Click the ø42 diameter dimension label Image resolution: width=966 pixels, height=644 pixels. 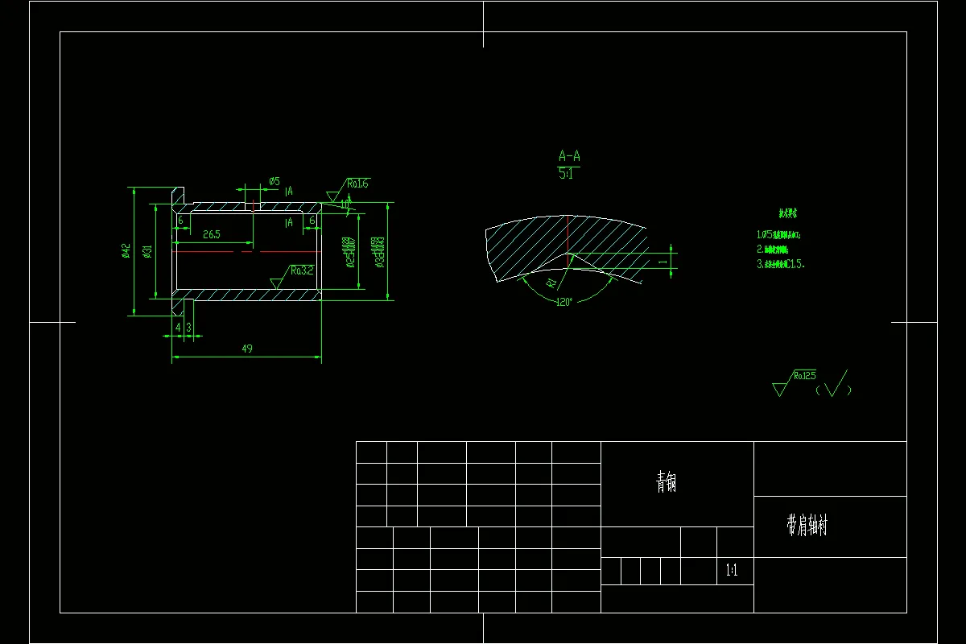coord(126,251)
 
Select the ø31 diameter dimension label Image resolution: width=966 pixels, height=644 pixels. coord(147,251)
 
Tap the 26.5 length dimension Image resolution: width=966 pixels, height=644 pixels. coord(212,234)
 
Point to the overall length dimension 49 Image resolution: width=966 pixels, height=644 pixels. coord(246,349)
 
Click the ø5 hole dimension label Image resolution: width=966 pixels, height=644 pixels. coord(275,181)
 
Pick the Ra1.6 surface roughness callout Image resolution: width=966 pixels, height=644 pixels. coord(357,184)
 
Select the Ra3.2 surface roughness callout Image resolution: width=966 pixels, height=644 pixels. coord(302,270)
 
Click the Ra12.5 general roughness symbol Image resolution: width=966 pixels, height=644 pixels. coord(804,375)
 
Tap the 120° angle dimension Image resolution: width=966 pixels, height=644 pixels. coord(563,301)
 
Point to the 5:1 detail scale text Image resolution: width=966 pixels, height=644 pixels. coord(568,173)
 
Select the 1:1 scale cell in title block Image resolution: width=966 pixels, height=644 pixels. coord(732,572)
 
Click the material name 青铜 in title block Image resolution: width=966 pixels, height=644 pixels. coord(666,482)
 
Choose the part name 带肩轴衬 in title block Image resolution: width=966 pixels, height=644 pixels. coord(807,526)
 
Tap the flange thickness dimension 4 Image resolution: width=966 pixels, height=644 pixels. coord(178,327)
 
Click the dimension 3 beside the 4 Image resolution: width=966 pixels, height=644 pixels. coord(188,327)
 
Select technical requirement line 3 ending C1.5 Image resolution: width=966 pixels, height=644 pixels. coord(780,263)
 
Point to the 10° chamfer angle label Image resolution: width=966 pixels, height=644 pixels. coord(345,204)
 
